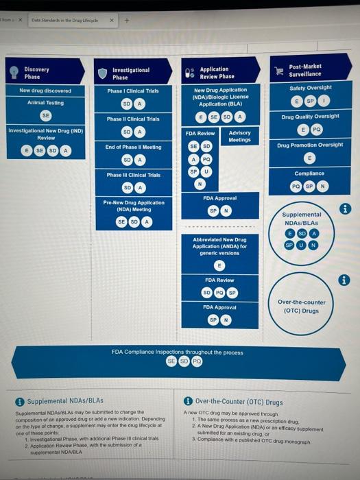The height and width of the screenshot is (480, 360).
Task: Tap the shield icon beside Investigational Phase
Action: (102, 73)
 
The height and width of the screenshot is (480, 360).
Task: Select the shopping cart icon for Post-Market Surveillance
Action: (279, 70)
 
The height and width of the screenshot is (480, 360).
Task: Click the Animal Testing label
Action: (45, 103)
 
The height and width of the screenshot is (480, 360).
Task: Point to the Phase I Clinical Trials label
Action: (133, 91)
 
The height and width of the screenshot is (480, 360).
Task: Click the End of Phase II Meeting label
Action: (133, 147)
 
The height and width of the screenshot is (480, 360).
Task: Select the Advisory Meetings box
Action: (239, 136)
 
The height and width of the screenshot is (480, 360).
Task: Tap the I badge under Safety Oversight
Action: (326, 101)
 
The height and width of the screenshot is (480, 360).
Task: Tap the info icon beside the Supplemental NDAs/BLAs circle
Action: (345, 208)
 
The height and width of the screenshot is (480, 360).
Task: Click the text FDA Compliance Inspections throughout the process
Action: (177, 352)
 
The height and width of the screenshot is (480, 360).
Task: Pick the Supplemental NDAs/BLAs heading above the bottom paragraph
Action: (64, 401)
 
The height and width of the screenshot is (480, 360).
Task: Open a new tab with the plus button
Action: (125, 20)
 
